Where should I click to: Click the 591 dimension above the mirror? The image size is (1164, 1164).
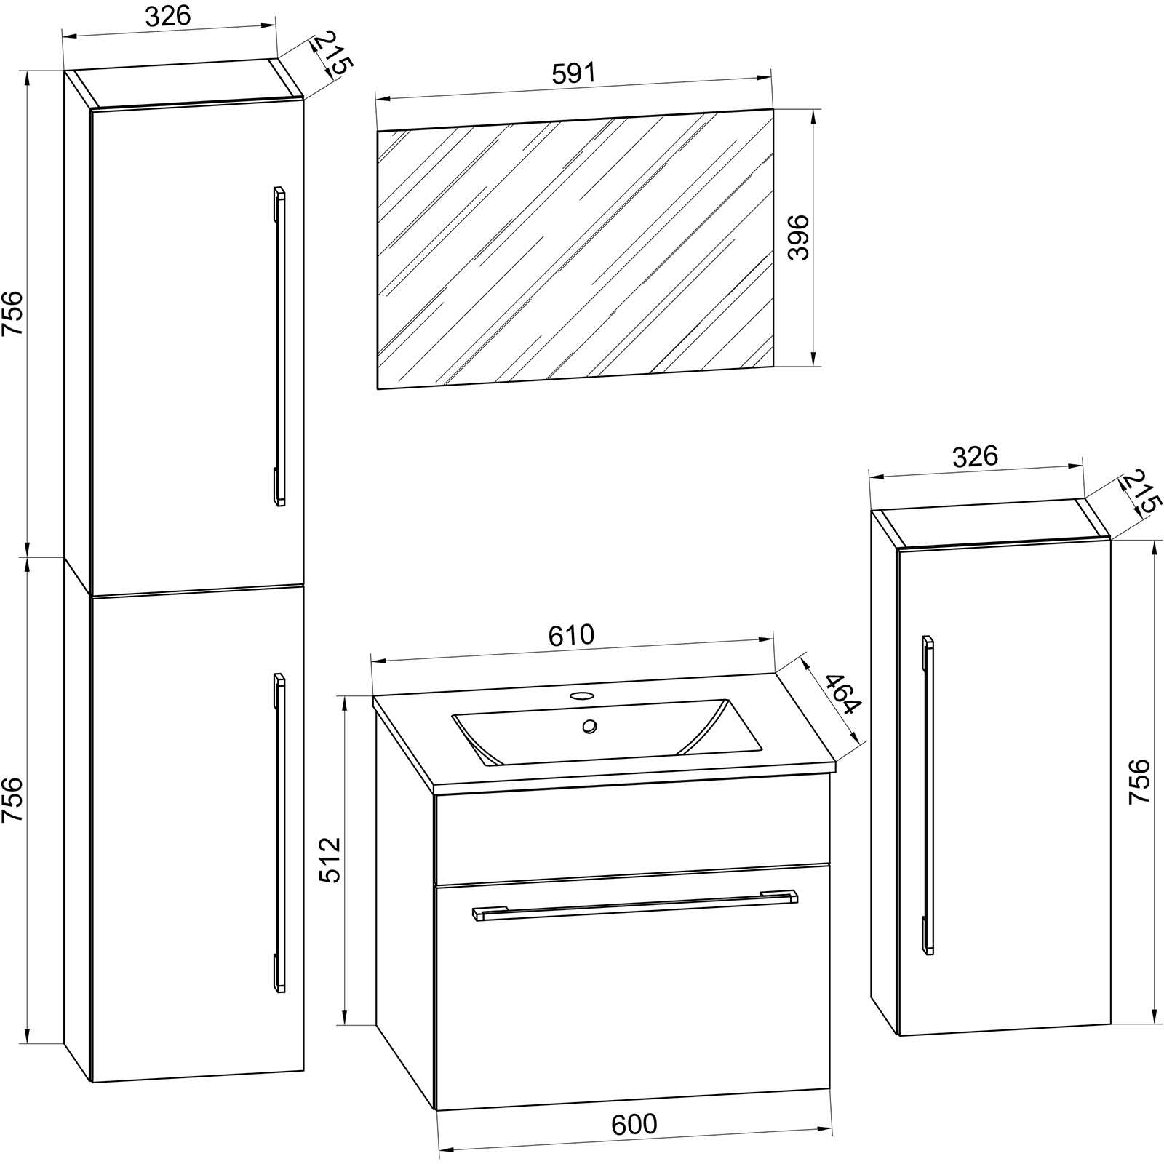(573, 73)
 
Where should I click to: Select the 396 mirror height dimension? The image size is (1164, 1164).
(800, 237)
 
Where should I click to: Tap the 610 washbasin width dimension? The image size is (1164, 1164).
(571, 635)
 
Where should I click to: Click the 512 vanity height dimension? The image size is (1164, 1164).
(330, 860)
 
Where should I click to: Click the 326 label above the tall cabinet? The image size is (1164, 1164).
(168, 16)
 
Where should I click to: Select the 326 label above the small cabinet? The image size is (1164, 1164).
(975, 456)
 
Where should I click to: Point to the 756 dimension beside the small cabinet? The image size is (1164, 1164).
(1139, 781)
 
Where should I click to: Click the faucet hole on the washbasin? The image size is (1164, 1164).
(581, 695)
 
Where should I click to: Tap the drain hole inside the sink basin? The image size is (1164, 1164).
(589, 725)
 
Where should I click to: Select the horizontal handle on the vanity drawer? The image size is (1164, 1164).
(635, 904)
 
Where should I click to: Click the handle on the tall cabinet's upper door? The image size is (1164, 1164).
(279, 346)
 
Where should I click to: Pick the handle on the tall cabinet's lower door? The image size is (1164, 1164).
(279, 832)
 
